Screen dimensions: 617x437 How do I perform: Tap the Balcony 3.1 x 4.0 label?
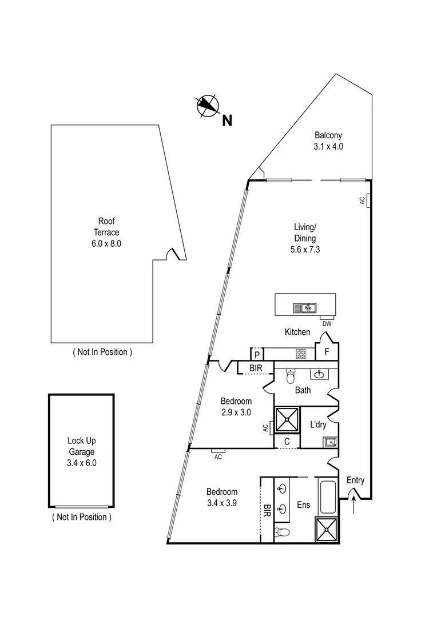[328, 141]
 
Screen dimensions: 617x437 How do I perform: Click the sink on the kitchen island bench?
[305, 308]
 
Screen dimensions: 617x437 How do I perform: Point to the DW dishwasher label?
[327, 324]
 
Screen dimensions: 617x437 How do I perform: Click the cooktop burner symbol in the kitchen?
[301, 354]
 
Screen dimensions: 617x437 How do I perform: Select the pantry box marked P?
[257, 354]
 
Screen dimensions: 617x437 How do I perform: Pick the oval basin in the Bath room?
[319, 374]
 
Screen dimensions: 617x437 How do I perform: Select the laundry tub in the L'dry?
[330, 441]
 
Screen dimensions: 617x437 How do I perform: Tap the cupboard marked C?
[287, 441]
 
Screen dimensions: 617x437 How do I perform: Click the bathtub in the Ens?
[328, 497]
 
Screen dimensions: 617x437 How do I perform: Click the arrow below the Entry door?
[354, 506]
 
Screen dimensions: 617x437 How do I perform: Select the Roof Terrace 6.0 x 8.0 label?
[108, 232]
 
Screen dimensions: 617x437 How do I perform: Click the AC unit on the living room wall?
[368, 201]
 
